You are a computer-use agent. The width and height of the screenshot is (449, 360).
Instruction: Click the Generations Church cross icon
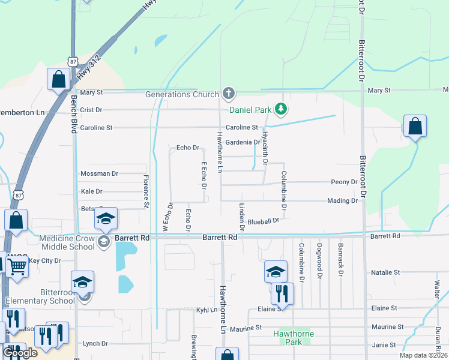point(228,93)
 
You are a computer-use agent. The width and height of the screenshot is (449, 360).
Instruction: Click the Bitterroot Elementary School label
point(40,295)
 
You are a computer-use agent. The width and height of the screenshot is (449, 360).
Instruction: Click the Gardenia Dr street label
point(243,142)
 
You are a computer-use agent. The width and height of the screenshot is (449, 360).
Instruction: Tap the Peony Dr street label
point(344,182)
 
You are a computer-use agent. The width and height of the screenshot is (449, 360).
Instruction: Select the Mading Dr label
point(343,201)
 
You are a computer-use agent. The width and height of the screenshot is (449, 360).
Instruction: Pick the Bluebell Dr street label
point(264,221)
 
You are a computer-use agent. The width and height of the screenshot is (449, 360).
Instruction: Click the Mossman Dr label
point(99,173)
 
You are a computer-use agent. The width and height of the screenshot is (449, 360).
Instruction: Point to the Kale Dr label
point(91,191)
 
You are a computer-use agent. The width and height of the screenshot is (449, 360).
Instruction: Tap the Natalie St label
point(385,272)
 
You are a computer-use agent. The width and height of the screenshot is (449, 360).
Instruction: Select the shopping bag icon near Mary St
point(59,79)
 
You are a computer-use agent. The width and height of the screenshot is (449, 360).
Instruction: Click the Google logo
point(20,352)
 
